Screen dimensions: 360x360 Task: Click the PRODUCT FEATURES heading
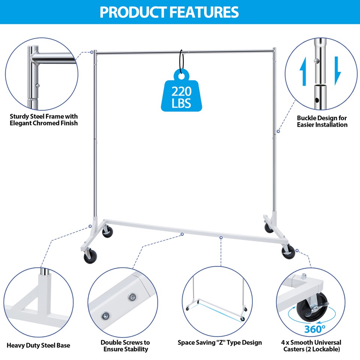[169, 12]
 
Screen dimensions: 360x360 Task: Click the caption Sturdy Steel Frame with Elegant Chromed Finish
[44, 120]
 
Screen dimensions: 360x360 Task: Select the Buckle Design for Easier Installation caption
[322, 121]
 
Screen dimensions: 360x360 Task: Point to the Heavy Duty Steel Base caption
[38, 345]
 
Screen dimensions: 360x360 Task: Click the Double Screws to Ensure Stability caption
[125, 345]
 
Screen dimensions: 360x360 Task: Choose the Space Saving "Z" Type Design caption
[220, 342]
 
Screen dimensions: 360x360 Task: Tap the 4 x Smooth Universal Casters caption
[311, 345]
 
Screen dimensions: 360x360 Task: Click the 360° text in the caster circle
[315, 329]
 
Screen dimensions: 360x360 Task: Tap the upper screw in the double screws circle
[132, 297]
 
